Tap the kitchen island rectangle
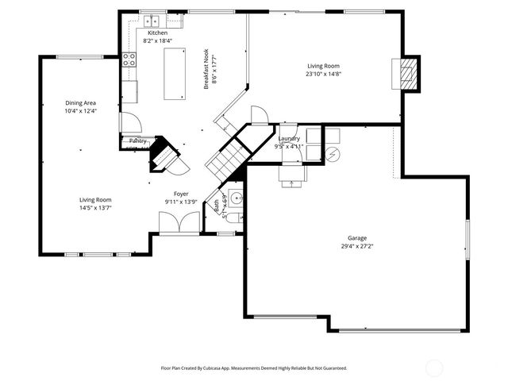[174, 73]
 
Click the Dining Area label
[80, 103]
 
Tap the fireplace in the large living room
[407, 73]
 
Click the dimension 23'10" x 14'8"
[323, 74]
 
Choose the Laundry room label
[289, 139]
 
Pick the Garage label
[356, 237]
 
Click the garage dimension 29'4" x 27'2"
[356, 245]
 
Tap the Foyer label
[181, 194]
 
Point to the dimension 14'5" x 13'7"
[94, 207]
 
